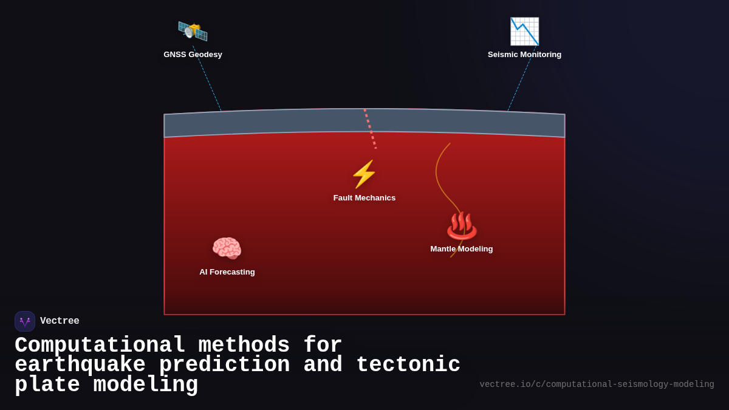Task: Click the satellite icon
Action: (193, 31)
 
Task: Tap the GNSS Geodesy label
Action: (193, 55)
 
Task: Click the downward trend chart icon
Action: (524, 31)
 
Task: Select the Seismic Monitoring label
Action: (524, 55)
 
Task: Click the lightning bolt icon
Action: (364, 174)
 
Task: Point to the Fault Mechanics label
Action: (364, 198)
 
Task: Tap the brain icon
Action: (227, 248)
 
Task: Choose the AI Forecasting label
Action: (227, 272)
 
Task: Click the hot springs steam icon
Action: (462, 225)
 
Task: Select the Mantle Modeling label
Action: (462, 249)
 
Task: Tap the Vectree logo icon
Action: (25, 321)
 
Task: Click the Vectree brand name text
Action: (60, 321)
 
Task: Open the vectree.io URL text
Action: (597, 384)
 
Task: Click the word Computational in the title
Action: (100, 346)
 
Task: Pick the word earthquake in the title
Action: (80, 365)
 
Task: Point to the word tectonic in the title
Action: (408, 365)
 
